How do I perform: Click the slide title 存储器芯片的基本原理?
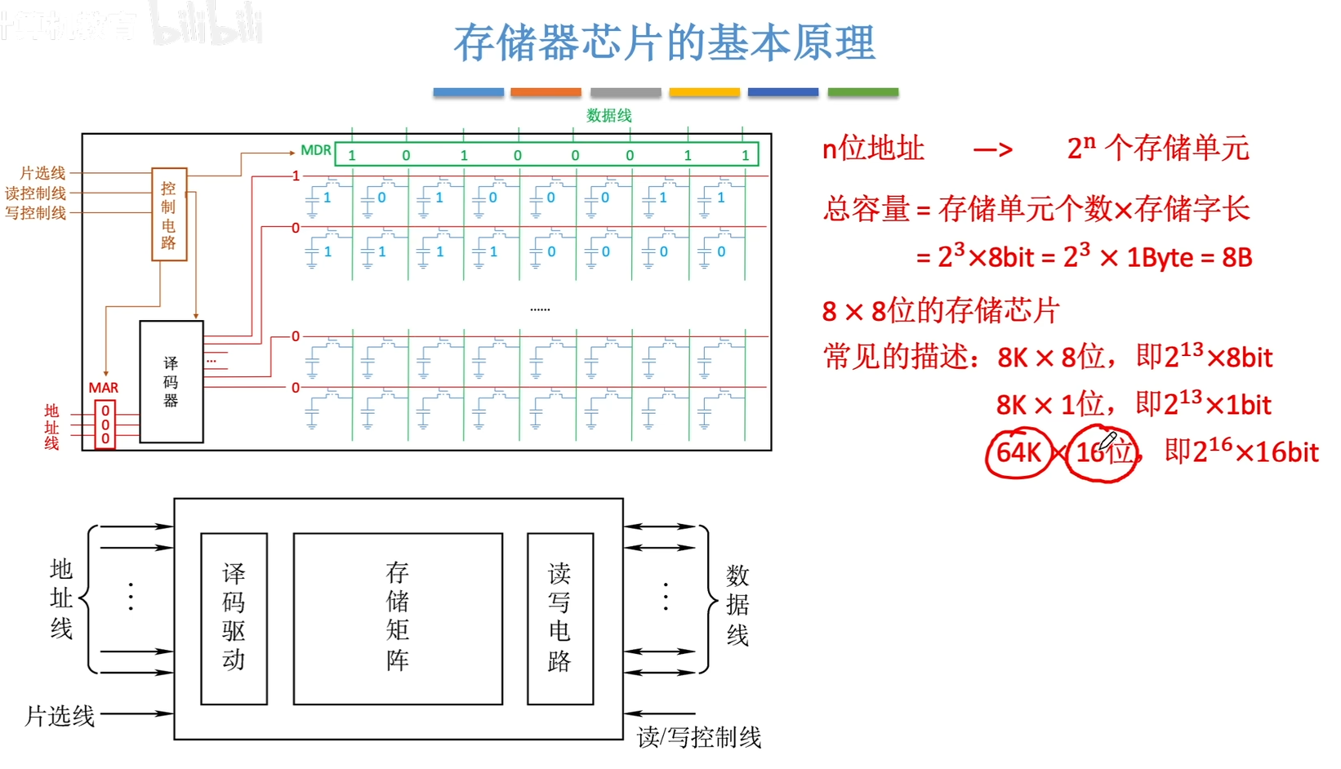pos(664,42)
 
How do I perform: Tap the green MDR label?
pos(315,150)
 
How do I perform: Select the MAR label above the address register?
pos(104,388)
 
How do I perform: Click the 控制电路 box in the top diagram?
pos(169,215)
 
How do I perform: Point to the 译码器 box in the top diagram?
pos(171,381)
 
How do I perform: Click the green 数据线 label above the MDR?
pos(609,116)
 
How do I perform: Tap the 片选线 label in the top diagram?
pos(42,173)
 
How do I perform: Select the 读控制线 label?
pos(36,193)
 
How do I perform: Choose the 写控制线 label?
pos(36,213)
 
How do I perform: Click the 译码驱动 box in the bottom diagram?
pos(234,618)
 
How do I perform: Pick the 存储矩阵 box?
pos(398,618)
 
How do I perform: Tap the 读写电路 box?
pos(559,618)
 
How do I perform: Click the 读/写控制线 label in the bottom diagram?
pos(699,737)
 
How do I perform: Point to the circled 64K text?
pos(1018,451)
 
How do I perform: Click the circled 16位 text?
pos(1104,451)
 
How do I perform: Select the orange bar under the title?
pos(546,92)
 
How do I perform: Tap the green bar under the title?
pos(862,92)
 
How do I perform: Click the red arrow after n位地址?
pos(993,149)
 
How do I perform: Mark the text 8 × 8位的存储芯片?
pos(940,311)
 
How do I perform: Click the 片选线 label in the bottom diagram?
pos(60,716)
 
